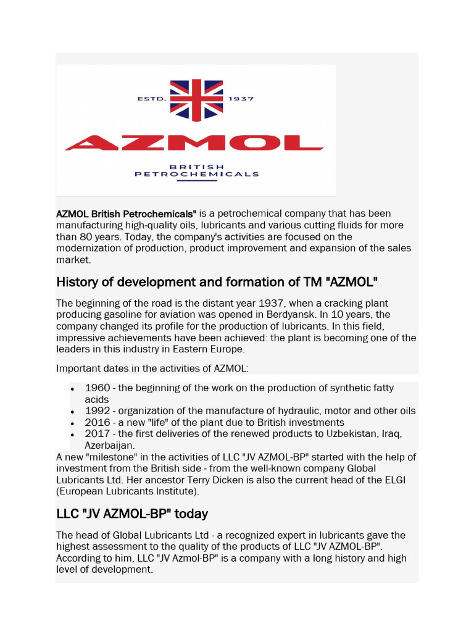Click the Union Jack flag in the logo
196,99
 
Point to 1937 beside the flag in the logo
241,98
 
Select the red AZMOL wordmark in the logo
194,143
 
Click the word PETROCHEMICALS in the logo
197,174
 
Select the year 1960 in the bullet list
98,388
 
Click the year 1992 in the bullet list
98,411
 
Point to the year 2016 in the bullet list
98,423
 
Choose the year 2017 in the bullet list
98,434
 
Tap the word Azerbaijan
109,445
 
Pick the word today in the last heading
189,513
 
